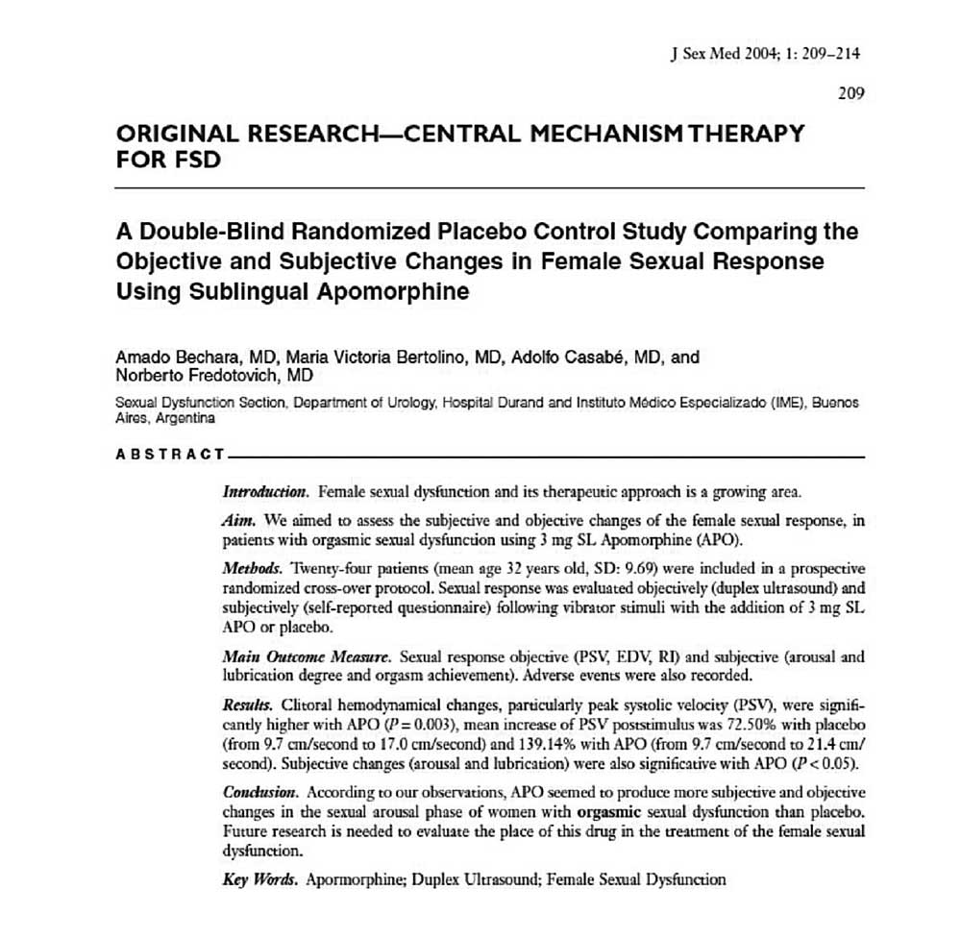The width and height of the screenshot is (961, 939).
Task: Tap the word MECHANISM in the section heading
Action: [x=589, y=134]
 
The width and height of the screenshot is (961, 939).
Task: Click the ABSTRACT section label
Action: [x=169, y=454]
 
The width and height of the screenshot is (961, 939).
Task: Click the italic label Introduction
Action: [x=265, y=492]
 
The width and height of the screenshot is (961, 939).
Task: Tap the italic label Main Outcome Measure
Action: [x=307, y=657]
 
